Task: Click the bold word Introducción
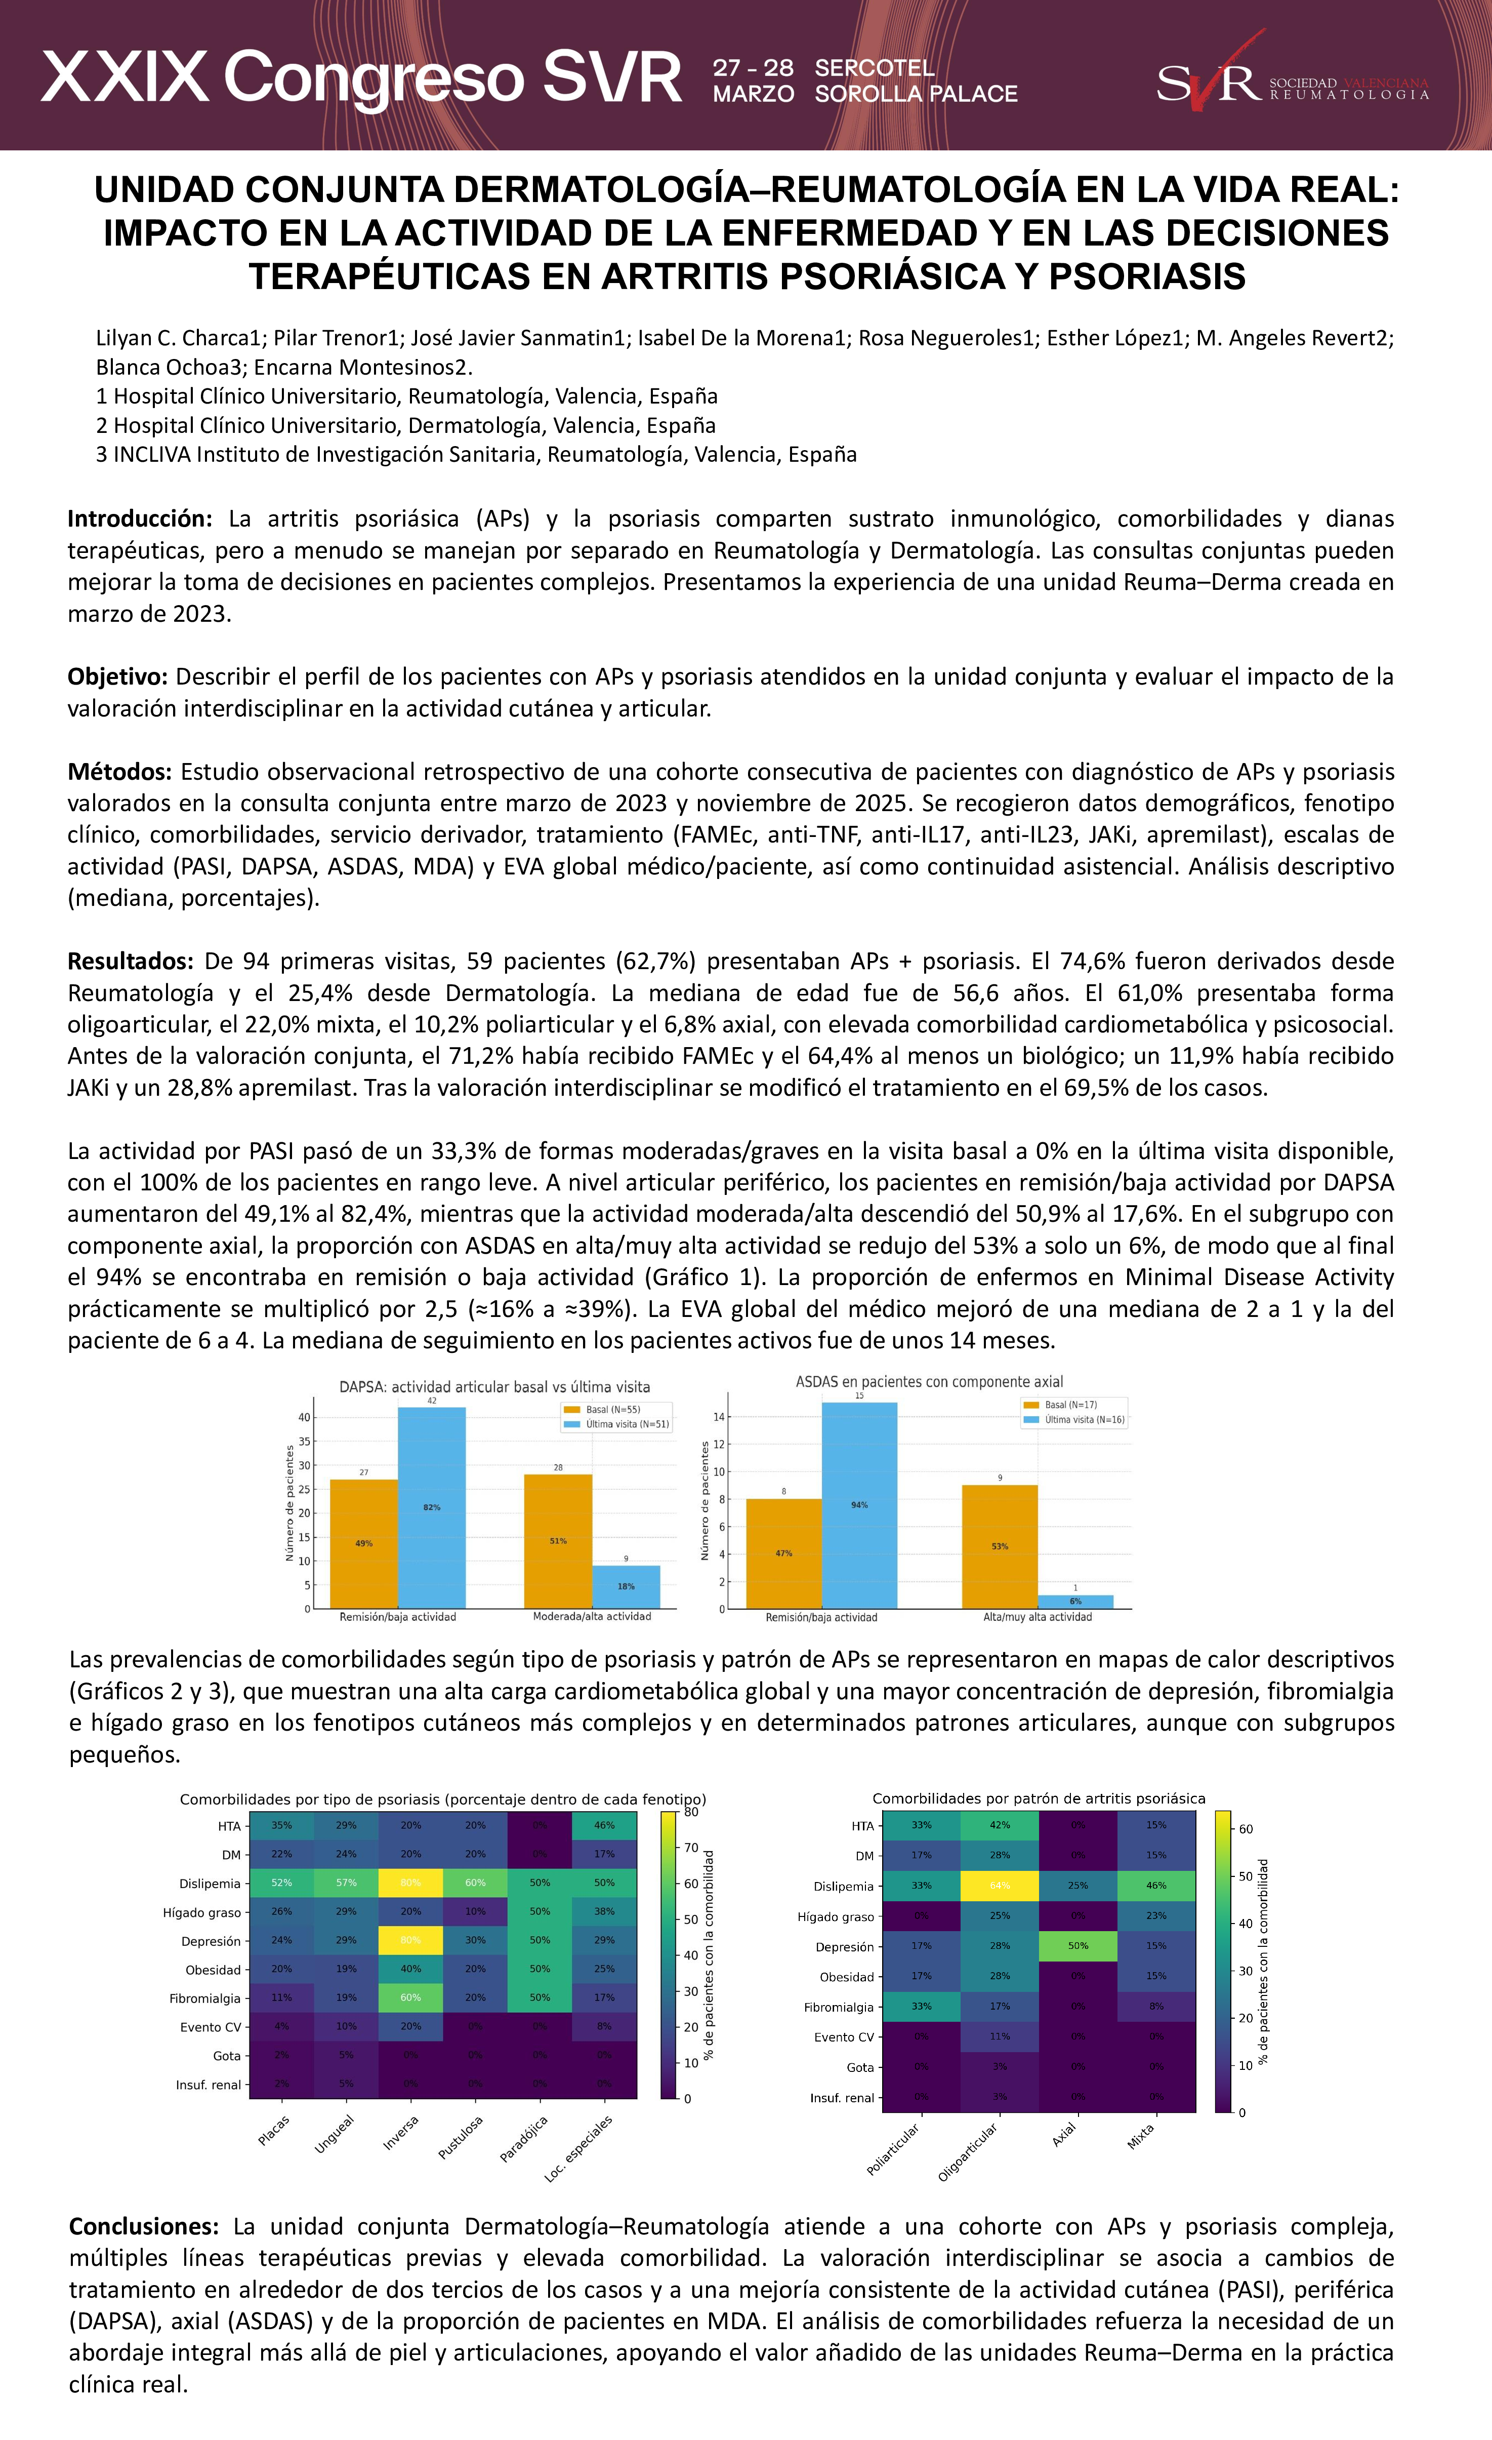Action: click(x=140, y=519)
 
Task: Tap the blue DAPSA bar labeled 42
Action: click(x=432, y=1507)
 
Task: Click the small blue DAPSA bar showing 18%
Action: click(x=626, y=1586)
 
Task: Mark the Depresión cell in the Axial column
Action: click(x=1078, y=1946)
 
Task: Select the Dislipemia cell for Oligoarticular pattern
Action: click(x=1000, y=1886)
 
